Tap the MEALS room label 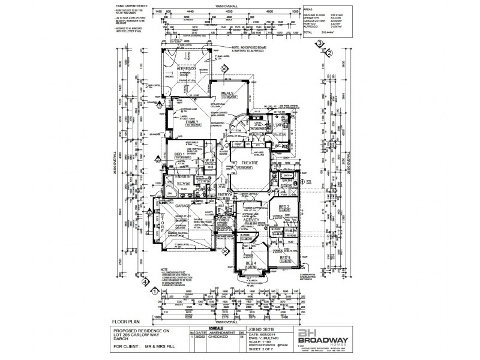tap(227, 94)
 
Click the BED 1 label tap(179, 154)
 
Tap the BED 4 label tap(250, 263)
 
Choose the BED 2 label tap(285, 206)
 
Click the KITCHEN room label tap(265, 134)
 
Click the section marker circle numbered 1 tap(154, 291)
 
